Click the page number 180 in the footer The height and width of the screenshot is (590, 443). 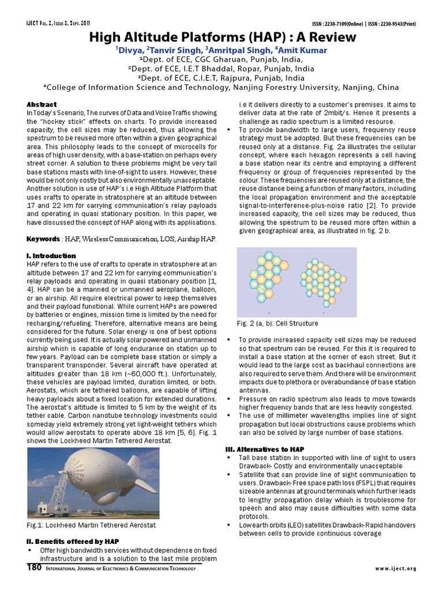[34, 568]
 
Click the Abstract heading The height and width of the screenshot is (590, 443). [42, 104]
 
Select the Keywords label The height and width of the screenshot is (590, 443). [43, 239]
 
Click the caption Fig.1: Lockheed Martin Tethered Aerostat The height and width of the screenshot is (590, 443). [92, 525]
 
